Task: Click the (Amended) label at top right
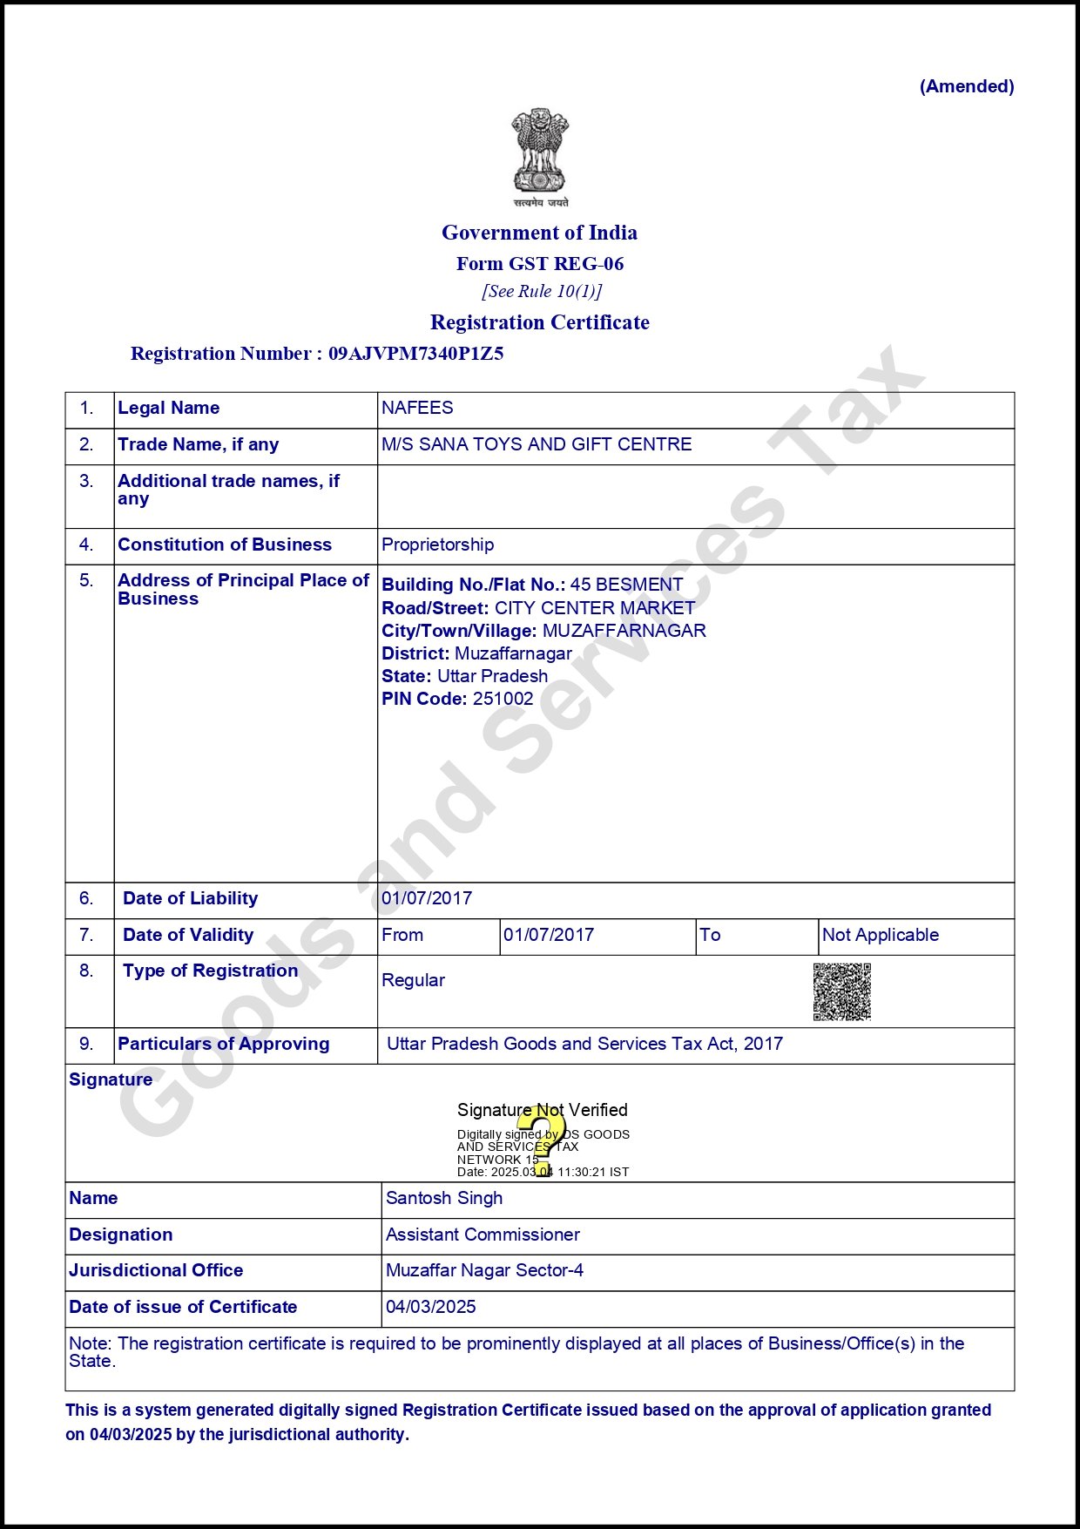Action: pos(967,86)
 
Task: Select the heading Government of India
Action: pos(539,233)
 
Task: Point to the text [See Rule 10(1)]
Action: pos(542,291)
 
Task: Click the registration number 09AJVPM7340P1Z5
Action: pos(415,354)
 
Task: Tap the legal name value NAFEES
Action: pos(417,408)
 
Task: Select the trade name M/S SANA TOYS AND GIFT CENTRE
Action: pos(537,444)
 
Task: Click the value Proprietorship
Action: pos(437,545)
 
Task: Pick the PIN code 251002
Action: pos(503,699)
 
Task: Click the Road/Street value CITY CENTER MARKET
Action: pos(595,608)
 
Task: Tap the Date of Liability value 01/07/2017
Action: pos(427,898)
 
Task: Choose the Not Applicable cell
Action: pos(881,935)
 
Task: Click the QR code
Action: pos(842,991)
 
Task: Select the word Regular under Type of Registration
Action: pos(413,980)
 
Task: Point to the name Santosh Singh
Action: pos(444,1198)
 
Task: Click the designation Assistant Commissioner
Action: pos(483,1235)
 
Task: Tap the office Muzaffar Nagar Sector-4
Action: pos(484,1270)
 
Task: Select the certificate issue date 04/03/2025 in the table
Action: pos(431,1307)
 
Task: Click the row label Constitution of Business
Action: pos(225,545)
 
